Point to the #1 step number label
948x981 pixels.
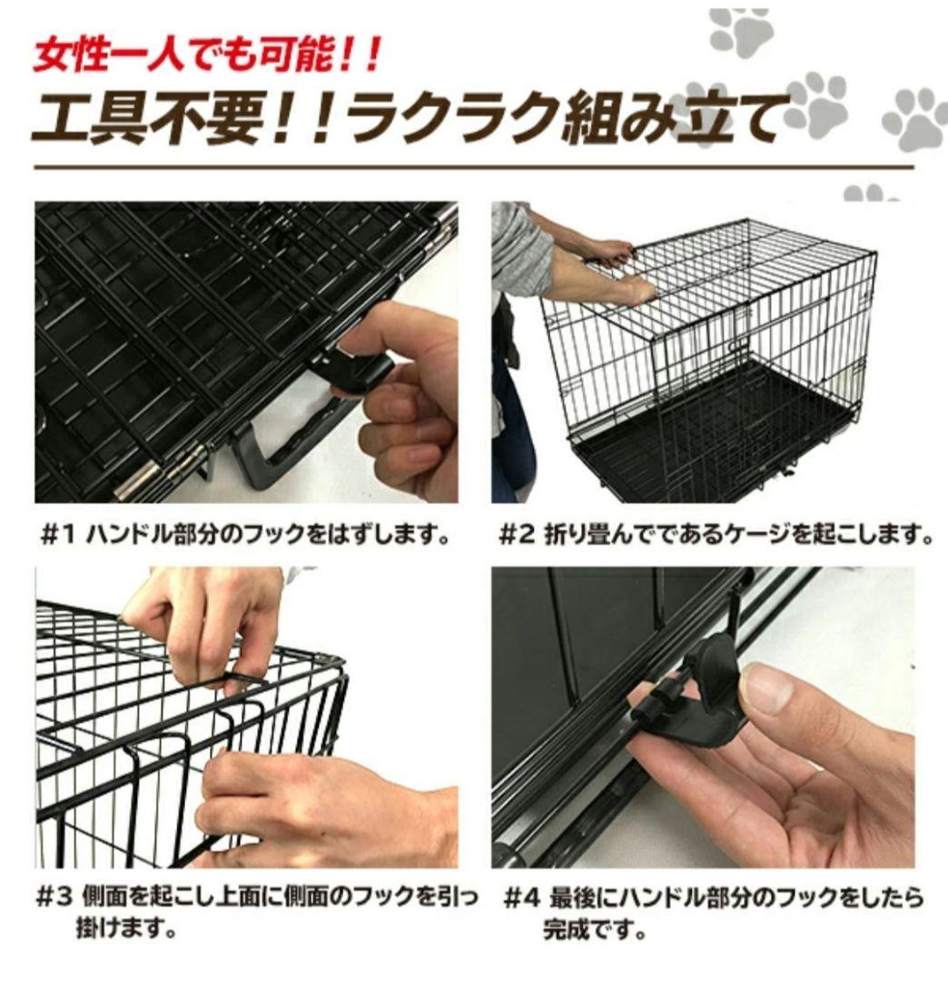coord(60,535)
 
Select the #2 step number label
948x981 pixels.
coord(518,535)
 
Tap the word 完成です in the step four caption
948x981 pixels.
coord(594,931)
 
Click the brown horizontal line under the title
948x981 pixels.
coord(472,168)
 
